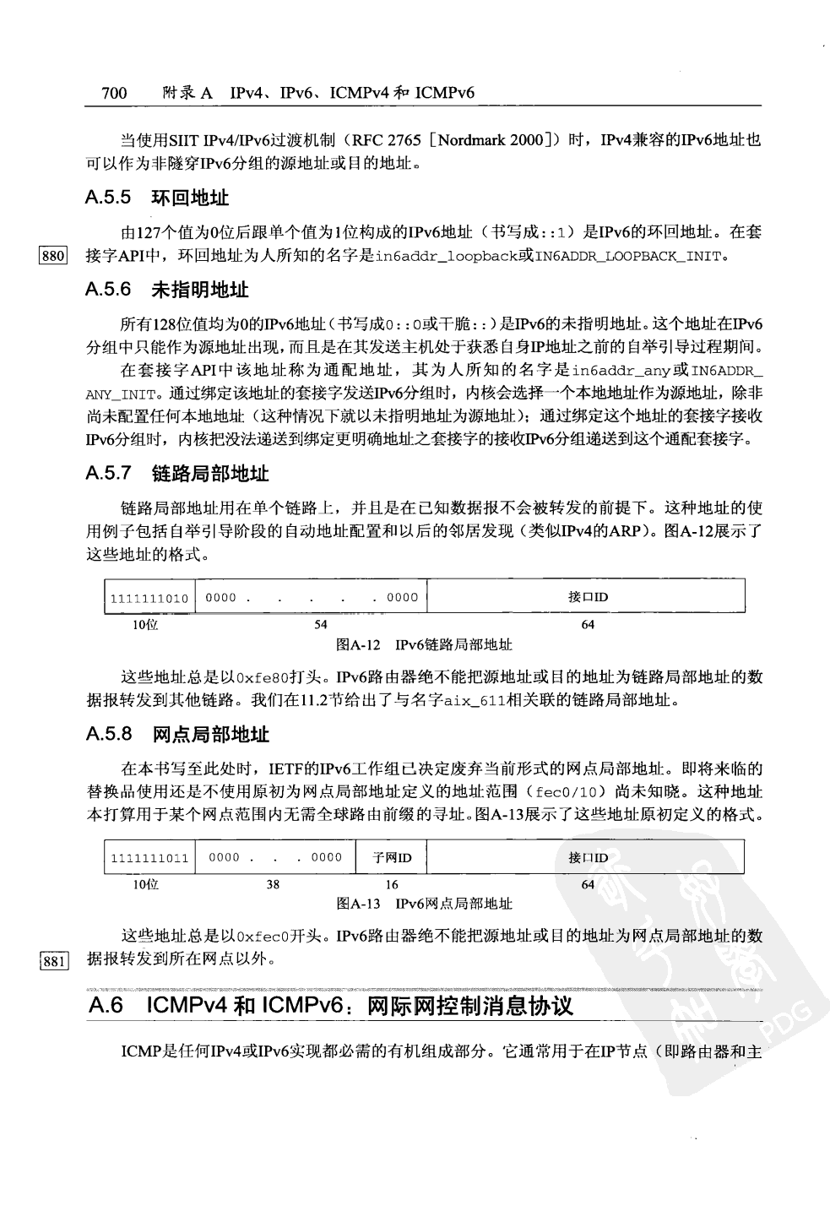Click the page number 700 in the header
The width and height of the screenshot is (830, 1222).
click(x=114, y=93)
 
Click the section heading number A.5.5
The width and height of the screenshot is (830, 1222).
click(x=108, y=198)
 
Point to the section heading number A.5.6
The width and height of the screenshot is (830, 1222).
click(x=108, y=291)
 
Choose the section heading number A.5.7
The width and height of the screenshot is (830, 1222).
click(x=108, y=474)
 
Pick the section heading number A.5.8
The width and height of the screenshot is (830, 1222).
click(x=108, y=734)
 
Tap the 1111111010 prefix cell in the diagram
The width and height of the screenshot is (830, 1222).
click(x=149, y=598)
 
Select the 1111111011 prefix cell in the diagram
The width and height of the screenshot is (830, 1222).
click(x=149, y=858)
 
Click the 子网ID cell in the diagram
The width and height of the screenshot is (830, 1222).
click(x=392, y=858)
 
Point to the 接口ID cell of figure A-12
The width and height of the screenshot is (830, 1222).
click(x=588, y=597)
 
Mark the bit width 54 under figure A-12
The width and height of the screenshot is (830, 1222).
click(x=321, y=625)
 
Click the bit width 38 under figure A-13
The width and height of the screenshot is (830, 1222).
click(x=273, y=885)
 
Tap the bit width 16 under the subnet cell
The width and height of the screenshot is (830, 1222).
click(x=392, y=885)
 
